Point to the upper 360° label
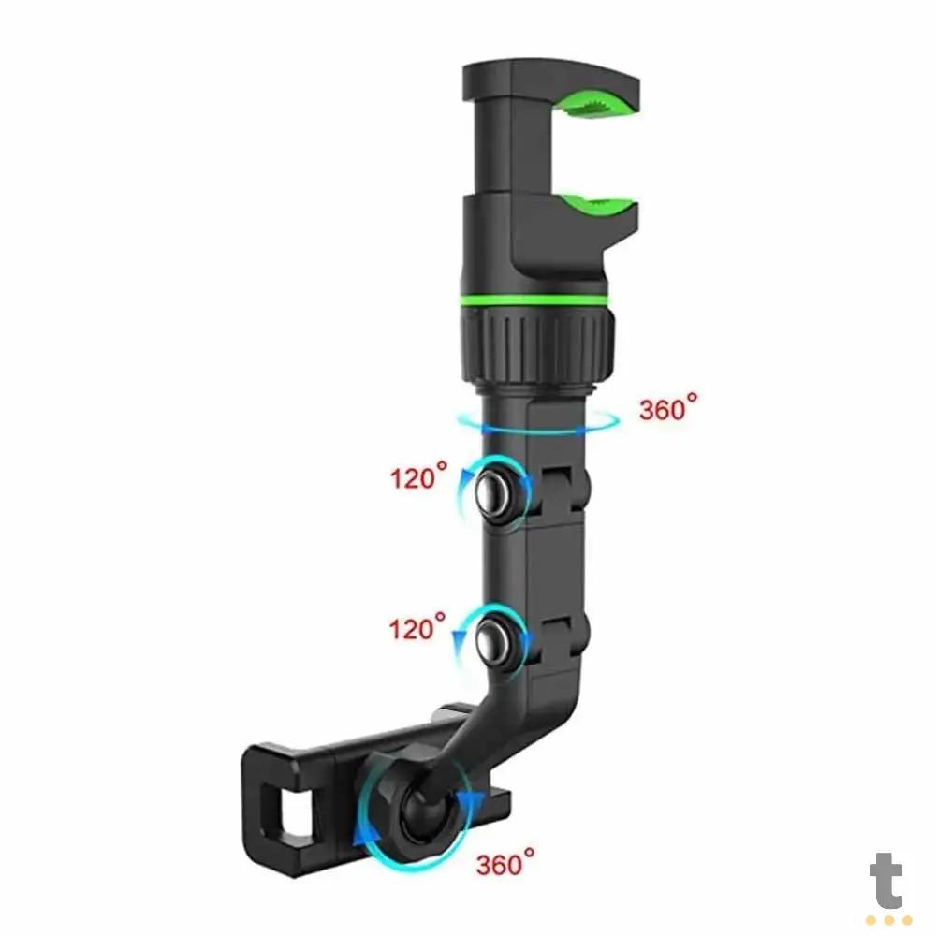coord(668,408)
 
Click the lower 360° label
coord(505,863)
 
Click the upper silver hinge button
coord(493,491)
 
